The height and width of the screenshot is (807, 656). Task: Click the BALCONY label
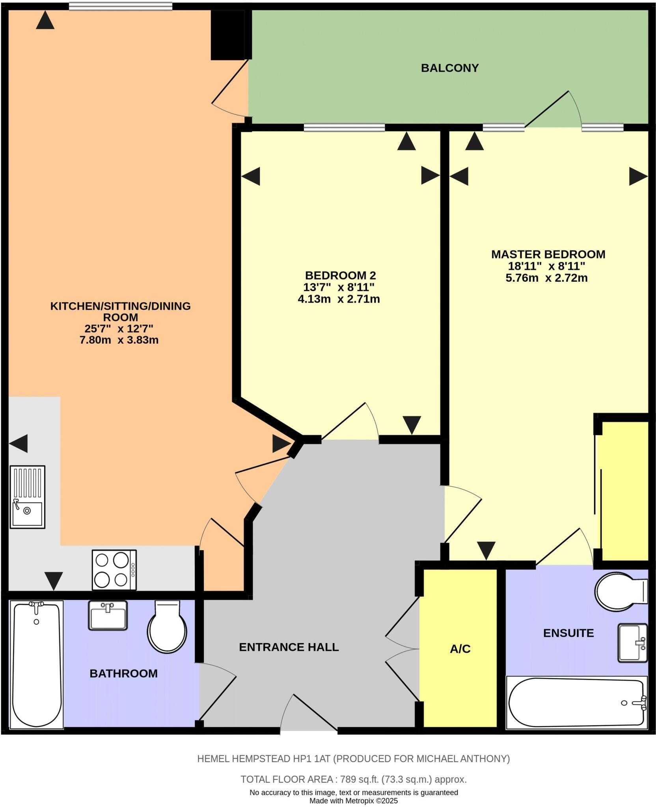tap(449, 68)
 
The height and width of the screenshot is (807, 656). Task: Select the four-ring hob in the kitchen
tap(114, 570)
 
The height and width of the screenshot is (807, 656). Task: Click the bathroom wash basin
tap(108, 615)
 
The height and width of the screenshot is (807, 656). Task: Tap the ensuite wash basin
tap(632, 642)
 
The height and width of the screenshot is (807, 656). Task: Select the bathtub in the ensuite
tap(576, 703)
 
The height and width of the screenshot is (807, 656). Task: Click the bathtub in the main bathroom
tap(37, 664)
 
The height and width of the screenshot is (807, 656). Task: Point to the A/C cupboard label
tap(460, 649)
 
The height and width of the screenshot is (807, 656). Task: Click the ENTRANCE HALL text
tap(289, 647)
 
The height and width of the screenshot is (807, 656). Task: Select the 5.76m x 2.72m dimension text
tap(546, 278)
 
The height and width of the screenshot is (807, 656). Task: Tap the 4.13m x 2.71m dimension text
tap(339, 299)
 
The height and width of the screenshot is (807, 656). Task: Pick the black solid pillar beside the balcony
tap(227, 35)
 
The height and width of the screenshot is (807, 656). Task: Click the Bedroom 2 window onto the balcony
tap(344, 127)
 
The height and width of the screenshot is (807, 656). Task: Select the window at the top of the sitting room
tap(120, 6)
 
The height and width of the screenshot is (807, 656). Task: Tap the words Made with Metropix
tap(353, 801)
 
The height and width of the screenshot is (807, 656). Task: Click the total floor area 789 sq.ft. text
tap(353, 779)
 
